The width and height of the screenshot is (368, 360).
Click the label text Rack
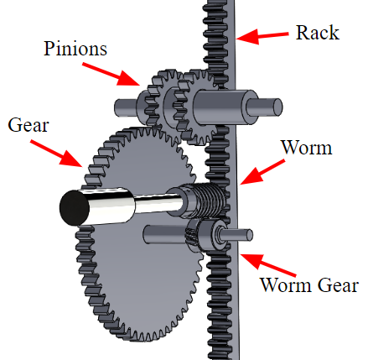click(x=318, y=33)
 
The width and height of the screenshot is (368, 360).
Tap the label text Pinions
click(x=75, y=49)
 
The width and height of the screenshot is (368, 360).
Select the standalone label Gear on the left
click(x=29, y=125)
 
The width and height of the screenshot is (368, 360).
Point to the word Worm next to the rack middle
click(x=307, y=147)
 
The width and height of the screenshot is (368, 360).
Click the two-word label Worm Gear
click(x=309, y=285)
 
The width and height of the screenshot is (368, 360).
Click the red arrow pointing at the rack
click(x=262, y=36)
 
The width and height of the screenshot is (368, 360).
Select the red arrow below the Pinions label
click(x=111, y=74)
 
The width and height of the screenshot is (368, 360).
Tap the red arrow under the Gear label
click(x=56, y=154)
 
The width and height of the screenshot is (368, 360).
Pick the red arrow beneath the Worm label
click(x=262, y=172)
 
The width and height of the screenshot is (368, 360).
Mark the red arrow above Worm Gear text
click(x=267, y=264)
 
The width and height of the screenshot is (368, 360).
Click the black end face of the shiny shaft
click(x=74, y=208)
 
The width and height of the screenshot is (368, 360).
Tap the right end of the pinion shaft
click(x=277, y=107)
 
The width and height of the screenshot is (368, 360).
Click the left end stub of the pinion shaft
click(x=125, y=107)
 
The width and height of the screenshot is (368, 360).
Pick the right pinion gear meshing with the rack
click(x=195, y=107)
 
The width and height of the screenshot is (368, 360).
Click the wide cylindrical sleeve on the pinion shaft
click(x=225, y=107)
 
